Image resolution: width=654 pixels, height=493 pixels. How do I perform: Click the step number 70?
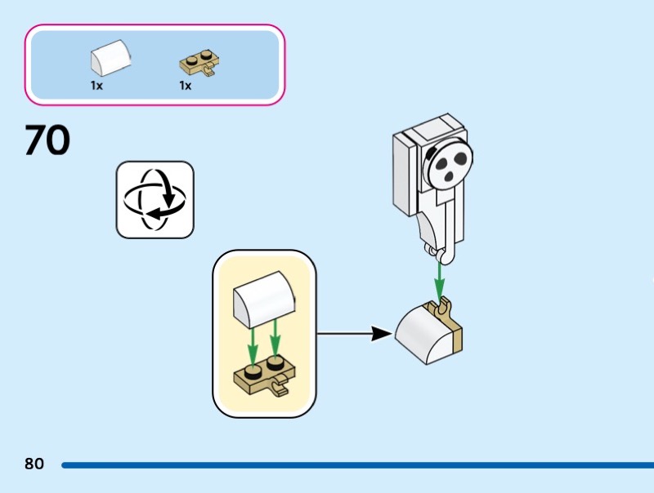tap(47, 140)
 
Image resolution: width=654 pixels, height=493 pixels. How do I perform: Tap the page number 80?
tap(34, 464)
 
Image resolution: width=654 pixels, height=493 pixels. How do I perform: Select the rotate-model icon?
tap(155, 200)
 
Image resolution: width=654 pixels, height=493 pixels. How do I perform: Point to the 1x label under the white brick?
tap(96, 85)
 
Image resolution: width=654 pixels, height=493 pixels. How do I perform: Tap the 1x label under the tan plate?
tap(186, 85)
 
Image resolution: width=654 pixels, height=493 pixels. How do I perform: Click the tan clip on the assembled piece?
tap(444, 308)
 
